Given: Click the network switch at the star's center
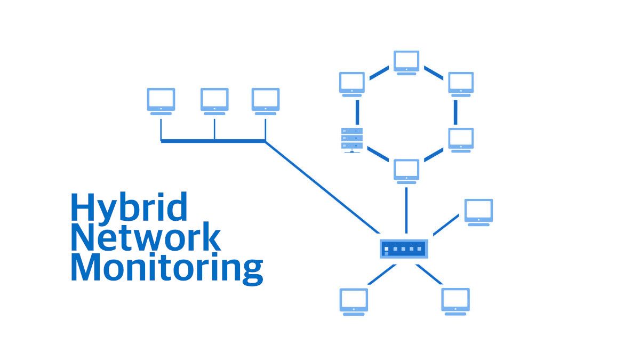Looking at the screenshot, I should coord(404,249).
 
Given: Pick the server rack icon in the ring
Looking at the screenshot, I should coord(352,140).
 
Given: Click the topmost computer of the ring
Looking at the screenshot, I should coord(406,62).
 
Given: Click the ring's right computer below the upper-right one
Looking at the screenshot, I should coord(461,139).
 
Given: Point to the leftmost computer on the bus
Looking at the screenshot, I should coord(161,100).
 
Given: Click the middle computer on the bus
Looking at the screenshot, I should coord(214,100).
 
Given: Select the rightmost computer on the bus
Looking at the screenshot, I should coord(266,100).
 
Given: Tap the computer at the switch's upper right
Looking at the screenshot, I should coord(478,212).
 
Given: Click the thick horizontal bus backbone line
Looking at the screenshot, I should coord(213,141).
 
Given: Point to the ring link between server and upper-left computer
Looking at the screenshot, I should coord(357,112).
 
